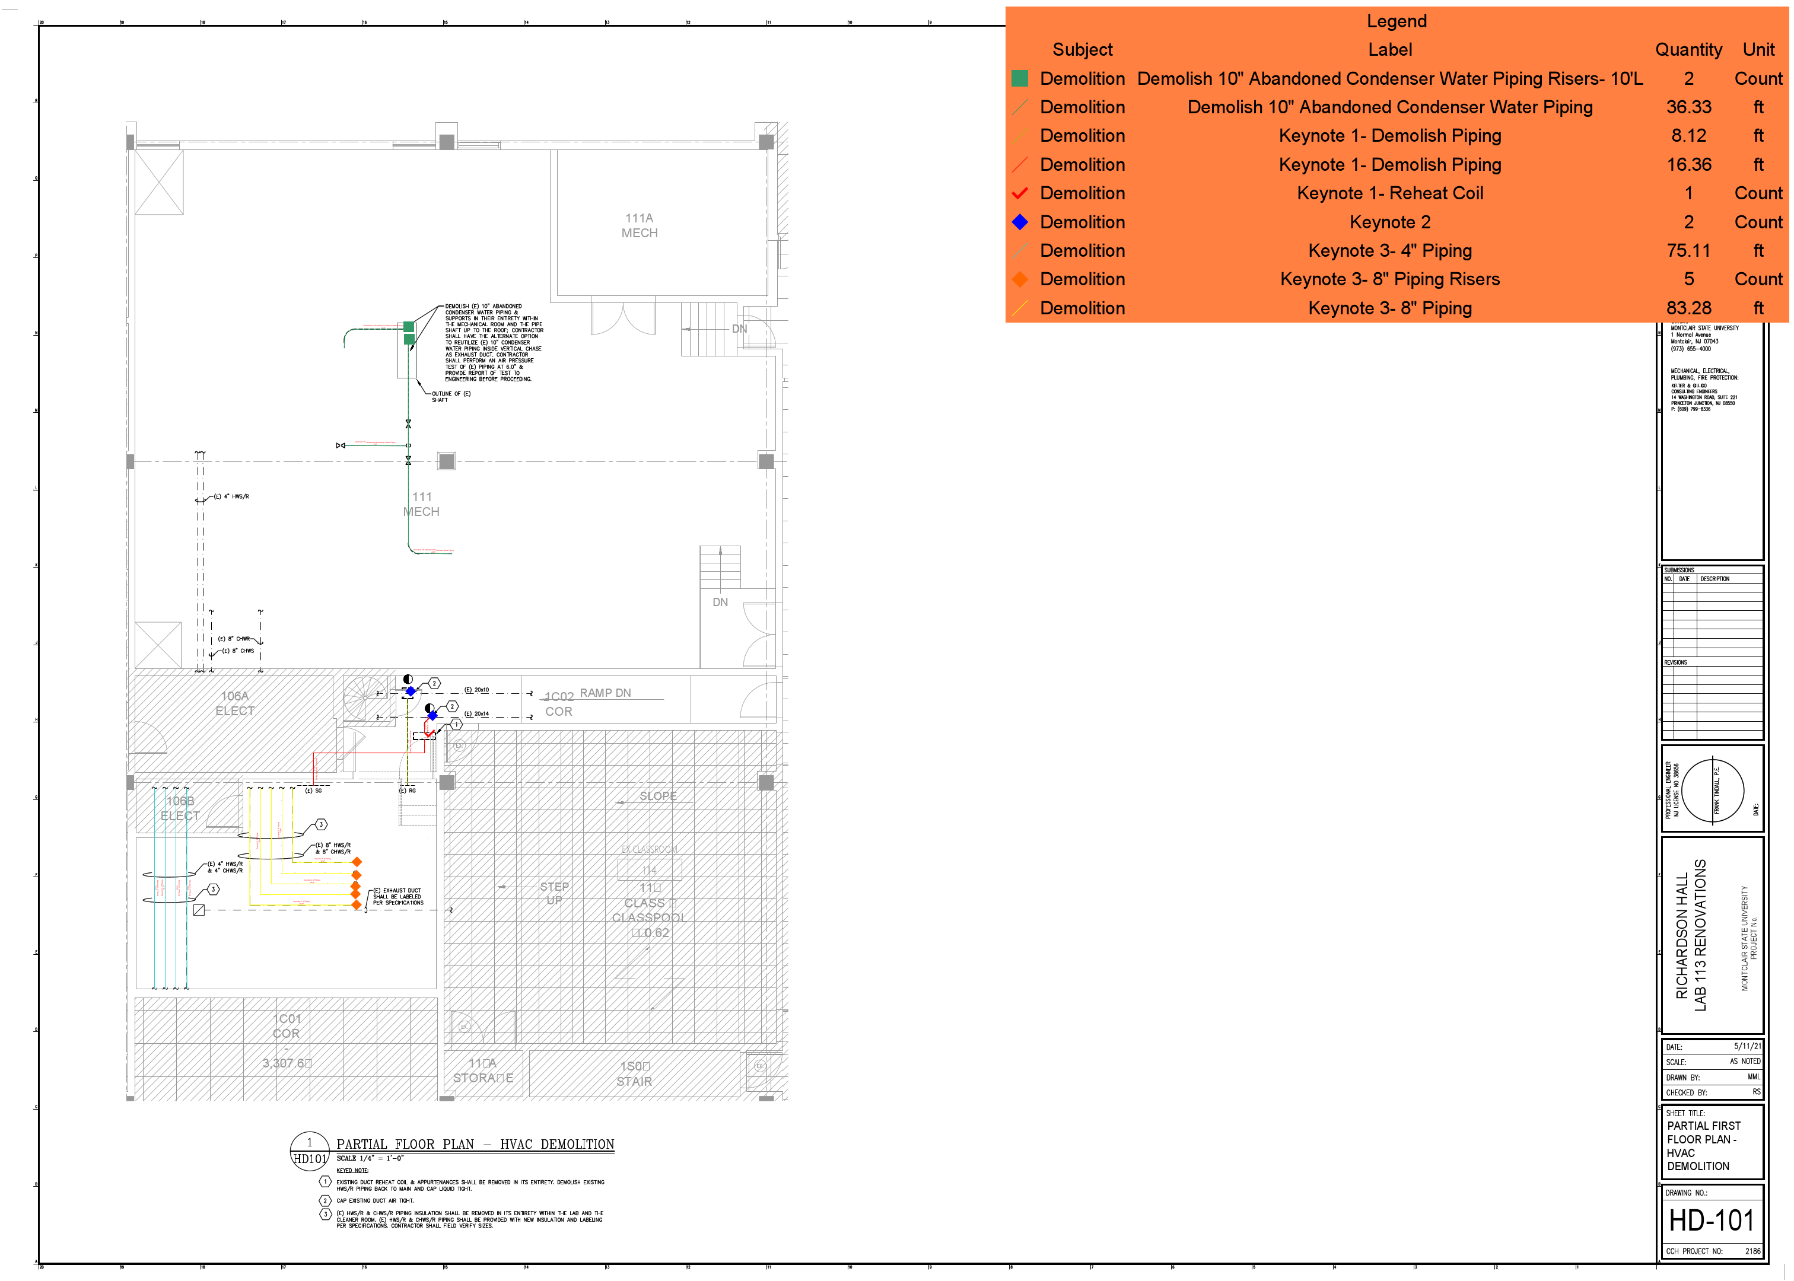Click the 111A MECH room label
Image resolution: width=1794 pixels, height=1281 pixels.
click(x=639, y=225)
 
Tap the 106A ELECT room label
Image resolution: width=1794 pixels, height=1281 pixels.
click(x=235, y=703)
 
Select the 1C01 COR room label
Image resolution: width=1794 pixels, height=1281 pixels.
click(x=287, y=1026)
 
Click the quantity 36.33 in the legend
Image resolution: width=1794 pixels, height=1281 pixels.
click(x=1688, y=107)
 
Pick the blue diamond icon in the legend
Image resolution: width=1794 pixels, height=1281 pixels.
click(x=1019, y=222)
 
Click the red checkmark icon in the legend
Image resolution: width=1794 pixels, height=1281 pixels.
click(x=1019, y=193)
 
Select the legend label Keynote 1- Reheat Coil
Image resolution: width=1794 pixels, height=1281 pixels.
click(x=1389, y=193)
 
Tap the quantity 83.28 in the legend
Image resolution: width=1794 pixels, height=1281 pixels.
click(x=1688, y=308)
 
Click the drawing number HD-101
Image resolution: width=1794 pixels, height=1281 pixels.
click(x=1711, y=1221)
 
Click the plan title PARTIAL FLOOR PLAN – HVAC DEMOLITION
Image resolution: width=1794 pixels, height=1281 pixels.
click(x=475, y=1145)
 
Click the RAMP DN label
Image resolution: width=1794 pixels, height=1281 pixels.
click(x=605, y=693)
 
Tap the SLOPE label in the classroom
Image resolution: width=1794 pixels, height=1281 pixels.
click(x=658, y=796)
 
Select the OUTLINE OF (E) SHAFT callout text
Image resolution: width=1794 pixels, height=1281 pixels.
click(x=450, y=397)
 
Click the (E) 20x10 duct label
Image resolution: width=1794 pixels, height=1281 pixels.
click(x=476, y=690)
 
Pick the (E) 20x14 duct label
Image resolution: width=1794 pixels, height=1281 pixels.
click(x=476, y=714)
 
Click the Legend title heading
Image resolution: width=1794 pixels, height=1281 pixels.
click(x=1397, y=21)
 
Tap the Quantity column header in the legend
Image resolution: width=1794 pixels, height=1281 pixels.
click(x=1688, y=50)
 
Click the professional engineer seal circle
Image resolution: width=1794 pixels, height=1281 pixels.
click(x=1712, y=788)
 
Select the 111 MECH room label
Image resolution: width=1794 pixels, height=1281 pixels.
click(x=421, y=505)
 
